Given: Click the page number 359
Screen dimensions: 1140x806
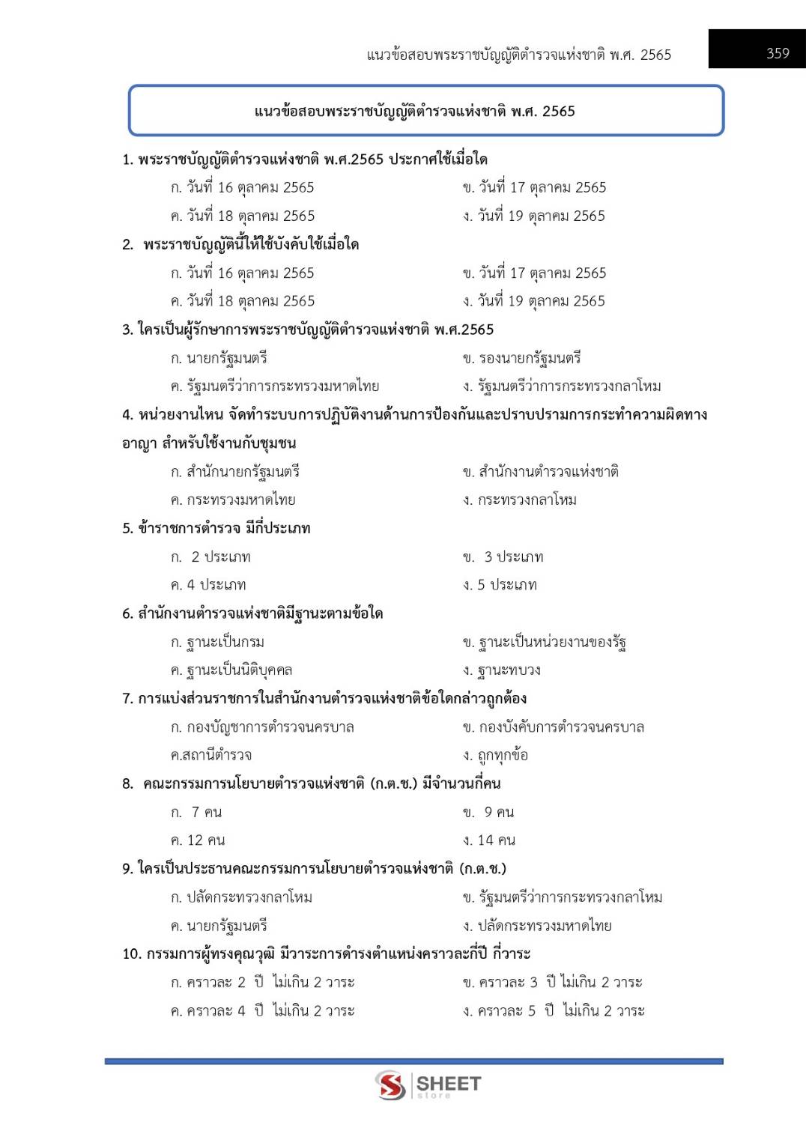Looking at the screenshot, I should [778, 53].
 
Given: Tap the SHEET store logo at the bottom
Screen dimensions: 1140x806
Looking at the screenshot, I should [429, 1085].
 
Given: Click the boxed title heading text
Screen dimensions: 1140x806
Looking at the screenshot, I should [414, 112].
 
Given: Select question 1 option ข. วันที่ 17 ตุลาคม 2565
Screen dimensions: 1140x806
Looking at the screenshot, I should [534, 187].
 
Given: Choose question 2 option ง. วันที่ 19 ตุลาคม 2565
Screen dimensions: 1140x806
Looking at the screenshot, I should [533, 301].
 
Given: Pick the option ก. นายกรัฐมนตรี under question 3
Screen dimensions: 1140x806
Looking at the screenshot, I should [219, 358].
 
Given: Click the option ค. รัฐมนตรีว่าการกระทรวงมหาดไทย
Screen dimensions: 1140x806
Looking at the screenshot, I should [274, 386].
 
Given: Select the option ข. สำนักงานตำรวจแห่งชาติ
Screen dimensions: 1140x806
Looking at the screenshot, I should [540, 472].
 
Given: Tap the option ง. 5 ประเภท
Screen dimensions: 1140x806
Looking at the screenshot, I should [500, 585].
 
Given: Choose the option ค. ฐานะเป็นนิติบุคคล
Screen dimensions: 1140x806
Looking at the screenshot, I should [231, 670].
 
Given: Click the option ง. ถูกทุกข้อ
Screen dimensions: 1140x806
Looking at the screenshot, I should [495, 755].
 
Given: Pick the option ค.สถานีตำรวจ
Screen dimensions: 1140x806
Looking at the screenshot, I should [211, 755].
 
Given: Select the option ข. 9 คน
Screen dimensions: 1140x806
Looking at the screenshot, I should [488, 812].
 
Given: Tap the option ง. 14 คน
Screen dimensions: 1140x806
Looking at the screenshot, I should [488, 840].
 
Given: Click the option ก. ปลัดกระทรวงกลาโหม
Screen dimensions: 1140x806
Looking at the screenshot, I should [241, 897].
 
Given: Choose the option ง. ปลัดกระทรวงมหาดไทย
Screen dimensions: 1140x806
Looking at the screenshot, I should [537, 926].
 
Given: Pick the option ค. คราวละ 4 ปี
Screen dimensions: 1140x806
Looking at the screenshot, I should [262, 1011].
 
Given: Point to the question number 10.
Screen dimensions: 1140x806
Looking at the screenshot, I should [131, 954].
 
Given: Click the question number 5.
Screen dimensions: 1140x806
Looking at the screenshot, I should [127, 529].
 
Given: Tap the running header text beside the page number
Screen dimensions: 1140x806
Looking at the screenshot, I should [518, 55].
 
